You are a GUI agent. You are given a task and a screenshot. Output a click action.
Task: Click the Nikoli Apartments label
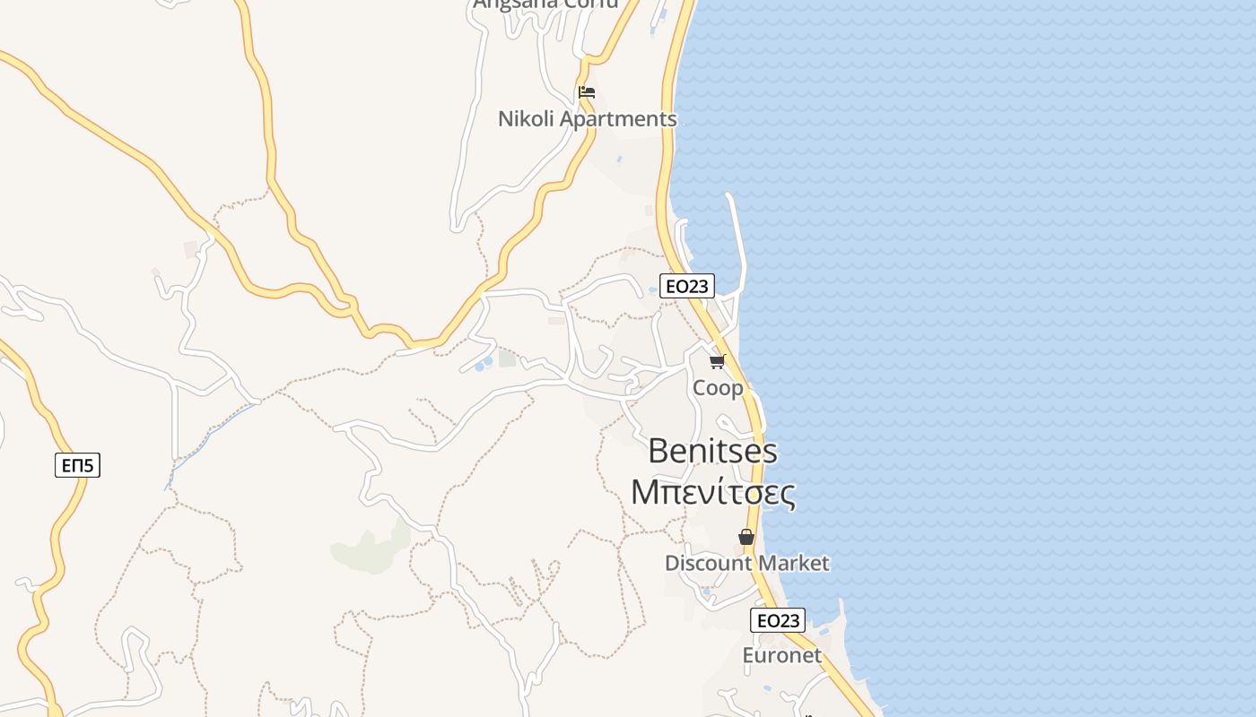tap(587, 119)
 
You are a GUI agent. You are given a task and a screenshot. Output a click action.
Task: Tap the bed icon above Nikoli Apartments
tap(587, 91)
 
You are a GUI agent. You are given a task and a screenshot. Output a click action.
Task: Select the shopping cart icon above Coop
tap(717, 361)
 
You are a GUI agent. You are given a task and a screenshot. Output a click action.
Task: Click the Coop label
tap(718, 388)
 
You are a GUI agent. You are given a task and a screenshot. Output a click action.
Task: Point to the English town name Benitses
tap(712, 451)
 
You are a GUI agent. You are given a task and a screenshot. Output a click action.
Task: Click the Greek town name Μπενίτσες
tap(712, 492)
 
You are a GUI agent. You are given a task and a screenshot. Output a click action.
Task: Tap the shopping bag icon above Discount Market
tap(746, 537)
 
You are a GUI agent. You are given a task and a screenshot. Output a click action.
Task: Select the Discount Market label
tap(746, 564)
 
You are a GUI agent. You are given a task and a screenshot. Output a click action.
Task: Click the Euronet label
tap(781, 655)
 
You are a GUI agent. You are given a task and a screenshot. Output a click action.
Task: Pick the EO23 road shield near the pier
tap(686, 286)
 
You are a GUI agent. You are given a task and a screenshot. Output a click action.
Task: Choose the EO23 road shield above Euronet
tap(778, 620)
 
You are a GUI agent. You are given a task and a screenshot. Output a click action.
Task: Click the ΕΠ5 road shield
tap(77, 465)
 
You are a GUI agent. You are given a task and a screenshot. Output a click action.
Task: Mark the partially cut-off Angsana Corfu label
tap(545, 4)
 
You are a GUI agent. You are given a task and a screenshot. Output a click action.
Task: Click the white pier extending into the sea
tap(737, 233)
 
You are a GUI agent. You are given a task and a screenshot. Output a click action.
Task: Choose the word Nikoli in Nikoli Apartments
tap(526, 119)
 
